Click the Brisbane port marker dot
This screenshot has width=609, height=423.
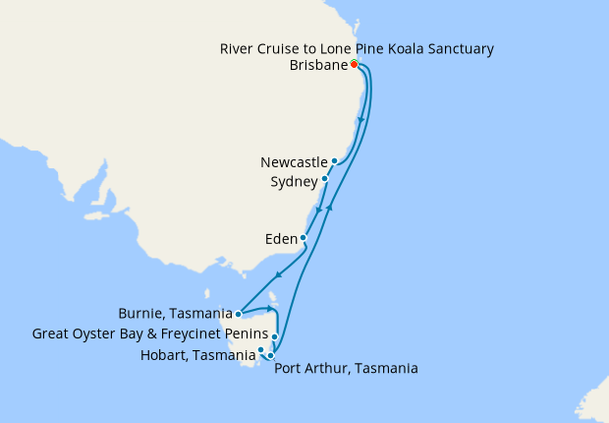click(x=354, y=66)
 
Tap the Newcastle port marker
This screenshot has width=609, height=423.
click(x=335, y=161)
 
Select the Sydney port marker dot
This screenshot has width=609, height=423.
click(x=325, y=179)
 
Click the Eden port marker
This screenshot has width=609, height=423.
click(x=304, y=238)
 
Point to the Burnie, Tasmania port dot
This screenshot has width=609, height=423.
click(x=240, y=315)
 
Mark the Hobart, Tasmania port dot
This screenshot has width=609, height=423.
click(x=261, y=349)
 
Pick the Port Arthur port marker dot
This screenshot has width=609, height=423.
click(x=271, y=356)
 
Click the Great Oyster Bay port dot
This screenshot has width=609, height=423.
click(x=275, y=336)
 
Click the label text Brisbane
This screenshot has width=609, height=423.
click(x=319, y=66)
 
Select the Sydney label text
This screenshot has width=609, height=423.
click(x=294, y=182)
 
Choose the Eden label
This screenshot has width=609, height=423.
click(x=281, y=238)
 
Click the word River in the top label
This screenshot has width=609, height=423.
click(x=237, y=48)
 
